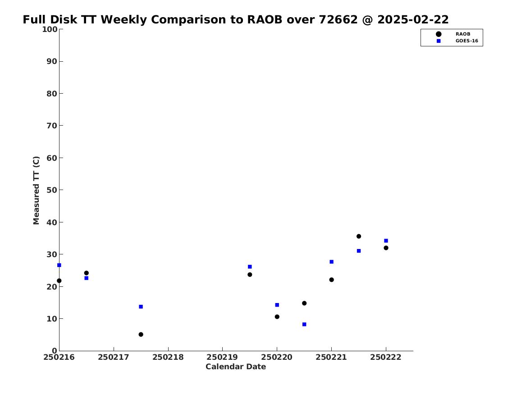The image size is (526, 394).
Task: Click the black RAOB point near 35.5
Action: click(359, 236)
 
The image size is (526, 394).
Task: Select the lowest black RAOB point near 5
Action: click(141, 335)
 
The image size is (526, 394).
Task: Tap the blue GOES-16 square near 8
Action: click(304, 324)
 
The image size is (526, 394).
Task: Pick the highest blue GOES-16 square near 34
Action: click(386, 240)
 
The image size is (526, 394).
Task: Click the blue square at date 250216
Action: click(59, 265)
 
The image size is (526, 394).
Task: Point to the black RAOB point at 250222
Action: click(386, 248)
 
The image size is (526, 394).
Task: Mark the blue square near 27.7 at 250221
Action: click(331, 262)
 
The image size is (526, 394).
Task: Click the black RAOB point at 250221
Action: click(331, 280)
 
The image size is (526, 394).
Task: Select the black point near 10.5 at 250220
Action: click(277, 317)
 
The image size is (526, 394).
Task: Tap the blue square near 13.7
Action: click(141, 307)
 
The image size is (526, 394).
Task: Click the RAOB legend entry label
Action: click(463, 34)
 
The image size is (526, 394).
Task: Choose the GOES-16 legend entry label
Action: click(467, 41)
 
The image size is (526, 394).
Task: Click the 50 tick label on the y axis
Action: click(52, 190)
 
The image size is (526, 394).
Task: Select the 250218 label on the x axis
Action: click(168, 357)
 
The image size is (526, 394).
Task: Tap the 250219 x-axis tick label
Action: click(222, 357)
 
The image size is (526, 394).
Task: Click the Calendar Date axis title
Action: click(236, 367)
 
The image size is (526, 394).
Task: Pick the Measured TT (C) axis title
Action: click(36, 190)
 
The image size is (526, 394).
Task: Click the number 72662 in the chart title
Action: click(338, 20)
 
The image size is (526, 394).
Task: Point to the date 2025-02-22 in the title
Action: click(413, 20)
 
